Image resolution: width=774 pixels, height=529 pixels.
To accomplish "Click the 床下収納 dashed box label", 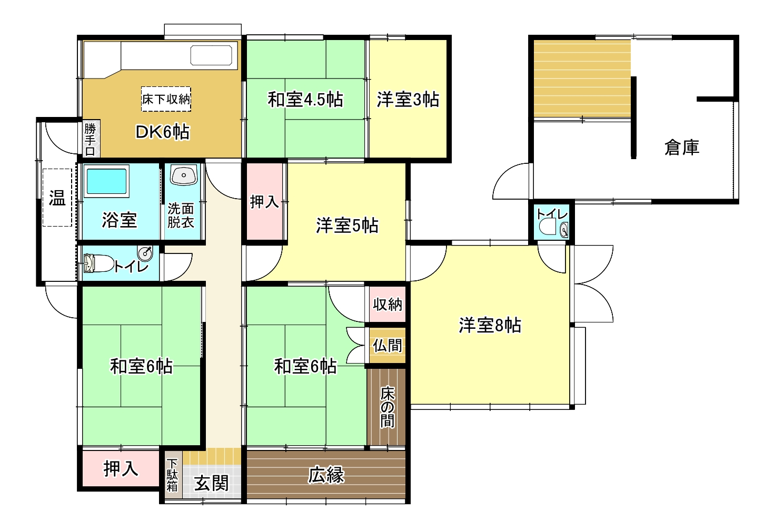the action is pyautogui.click(x=166, y=100).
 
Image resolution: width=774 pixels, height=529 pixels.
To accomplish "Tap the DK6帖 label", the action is pyautogui.click(x=162, y=132).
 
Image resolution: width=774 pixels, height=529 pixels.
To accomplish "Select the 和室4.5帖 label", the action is pyautogui.click(x=305, y=100).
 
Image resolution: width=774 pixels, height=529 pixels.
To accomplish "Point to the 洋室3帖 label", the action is pyautogui.click(x=408, y=100).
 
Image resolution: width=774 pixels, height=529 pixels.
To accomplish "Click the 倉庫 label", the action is pyautogui.click(x=682, y=148).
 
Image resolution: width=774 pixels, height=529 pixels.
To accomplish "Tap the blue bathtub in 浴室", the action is pyautogui.click(x=106, y=181).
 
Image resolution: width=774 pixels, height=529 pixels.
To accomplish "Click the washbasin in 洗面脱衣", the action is pyautogui.click(x=183, y=175).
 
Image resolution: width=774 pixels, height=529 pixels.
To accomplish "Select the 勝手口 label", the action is pyautogui.click(x=90, y=140).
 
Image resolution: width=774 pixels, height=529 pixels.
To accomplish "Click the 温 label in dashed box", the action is pyautogui.click(x=57, y=198).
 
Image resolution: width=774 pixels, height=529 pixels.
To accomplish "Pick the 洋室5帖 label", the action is pyautogui.click(x=347, y=226).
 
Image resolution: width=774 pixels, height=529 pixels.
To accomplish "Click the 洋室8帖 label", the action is pyautogui.click(x=490, y=325).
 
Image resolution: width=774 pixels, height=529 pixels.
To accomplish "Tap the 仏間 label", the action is pyautogui.click(x=388, y=346).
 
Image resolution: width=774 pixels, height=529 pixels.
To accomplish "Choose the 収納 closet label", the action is pyautogui.click(x=388, y=305).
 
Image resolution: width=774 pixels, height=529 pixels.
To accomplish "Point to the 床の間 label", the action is pyautogui.click(x=388, y=407).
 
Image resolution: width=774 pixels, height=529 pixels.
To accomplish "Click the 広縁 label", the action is pyautogui.click(x=326, y=475).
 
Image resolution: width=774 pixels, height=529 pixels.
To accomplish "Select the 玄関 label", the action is pyautogui.click(x=211, y=483).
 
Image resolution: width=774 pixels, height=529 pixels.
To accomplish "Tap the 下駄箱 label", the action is pyautogui.click(x=172, y=475).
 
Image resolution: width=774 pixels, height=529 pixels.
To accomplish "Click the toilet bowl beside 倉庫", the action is pyautogui.click(x=548, y=227).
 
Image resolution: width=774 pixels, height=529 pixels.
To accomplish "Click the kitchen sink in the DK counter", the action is pyautogui.click(x=211, y=55).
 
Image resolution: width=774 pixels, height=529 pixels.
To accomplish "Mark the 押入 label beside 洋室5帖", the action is pyautogui.click(x=264, y=202).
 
